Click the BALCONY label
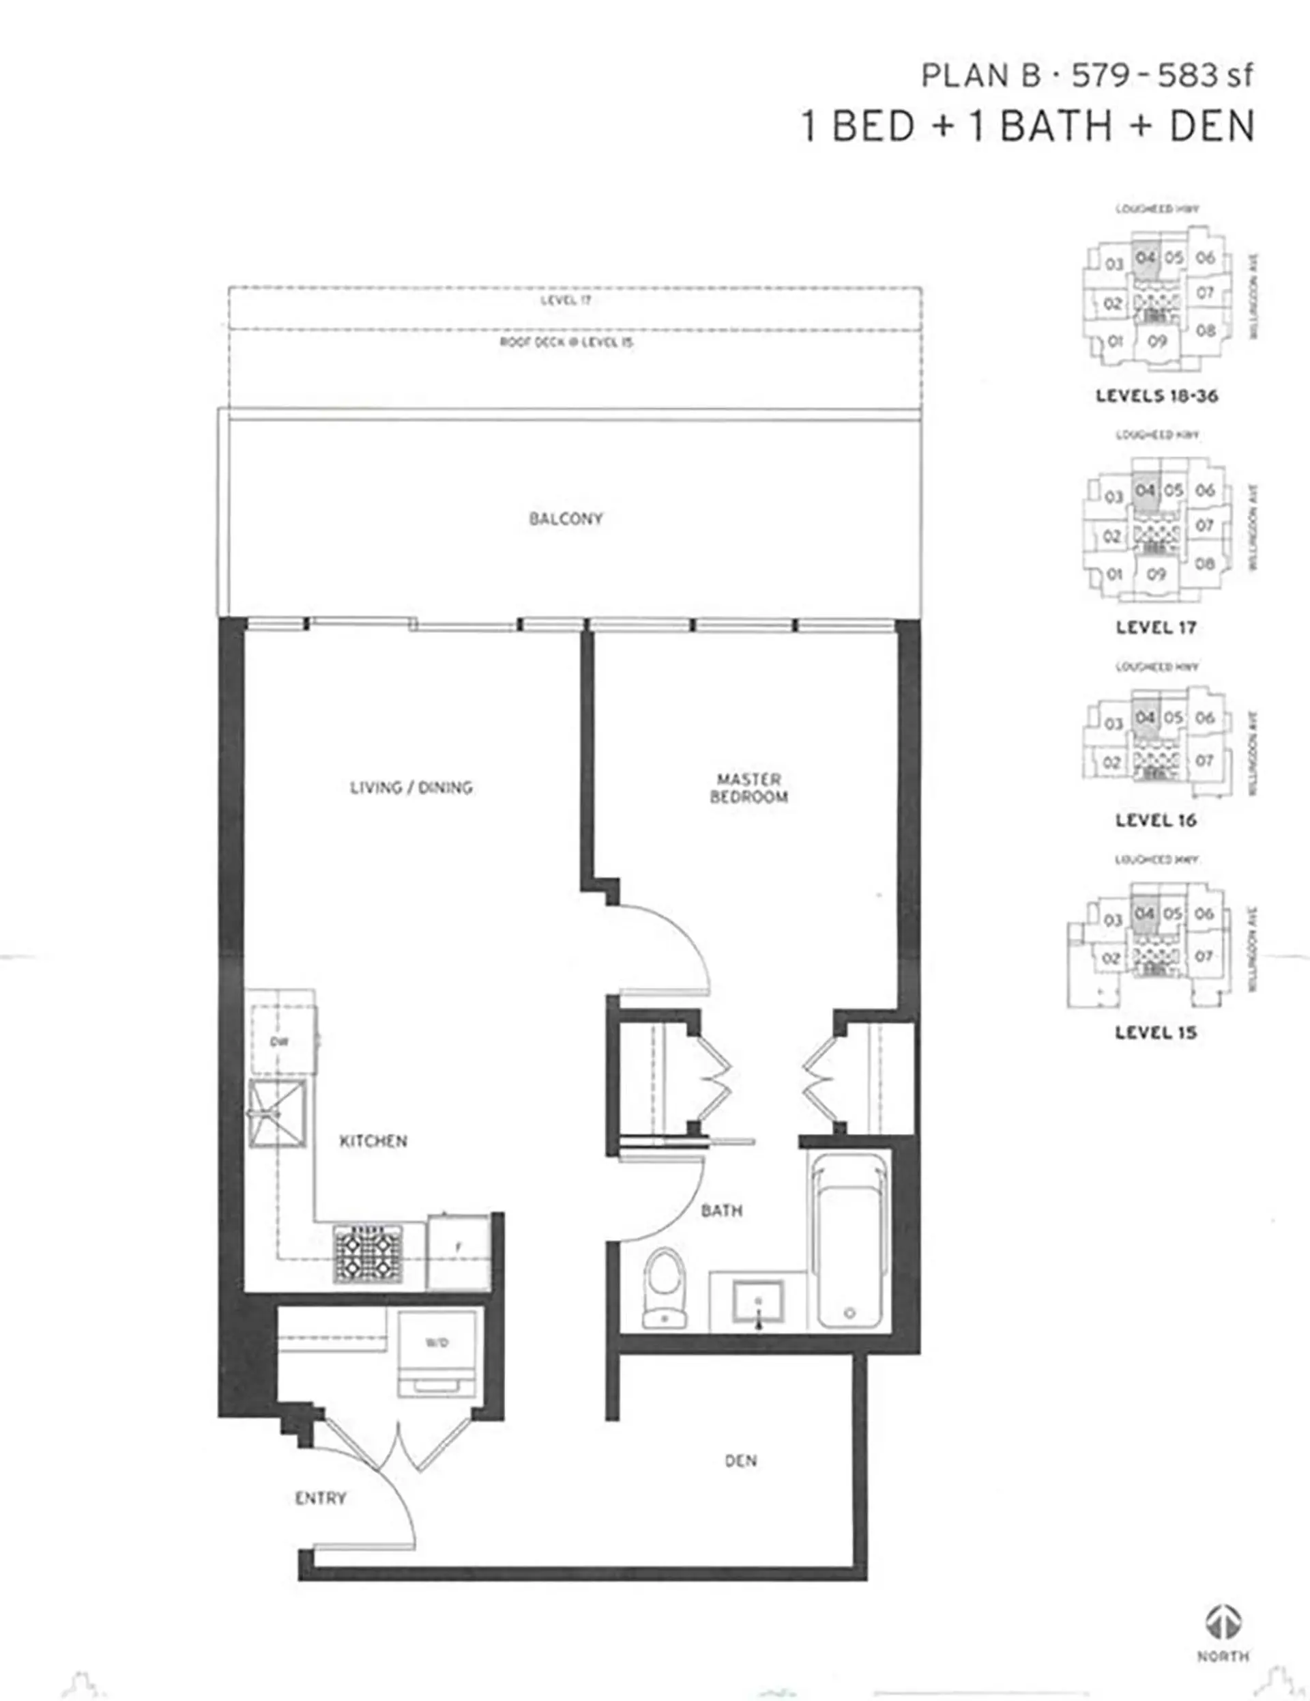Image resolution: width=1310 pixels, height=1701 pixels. tap(566, 519)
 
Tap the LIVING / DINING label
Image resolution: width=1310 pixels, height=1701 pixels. tap(411, 787)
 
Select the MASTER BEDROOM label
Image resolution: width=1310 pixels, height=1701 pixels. tap(748, 787)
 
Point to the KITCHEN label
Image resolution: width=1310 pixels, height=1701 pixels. tap(373, 1141)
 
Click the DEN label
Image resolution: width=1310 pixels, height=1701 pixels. tap(740, 1461)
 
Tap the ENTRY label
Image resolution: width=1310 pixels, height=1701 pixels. tap(320, 1498)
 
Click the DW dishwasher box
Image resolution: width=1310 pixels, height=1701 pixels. tap(282, 1041)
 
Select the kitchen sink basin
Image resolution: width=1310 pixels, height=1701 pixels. tap(276, 1114)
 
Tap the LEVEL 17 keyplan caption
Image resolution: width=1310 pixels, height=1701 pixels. tap(1155, 628)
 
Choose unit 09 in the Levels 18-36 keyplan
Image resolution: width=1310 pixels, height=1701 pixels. tap(1156, 342)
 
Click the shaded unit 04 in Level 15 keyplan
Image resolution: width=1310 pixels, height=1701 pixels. tap(1144, 914)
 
